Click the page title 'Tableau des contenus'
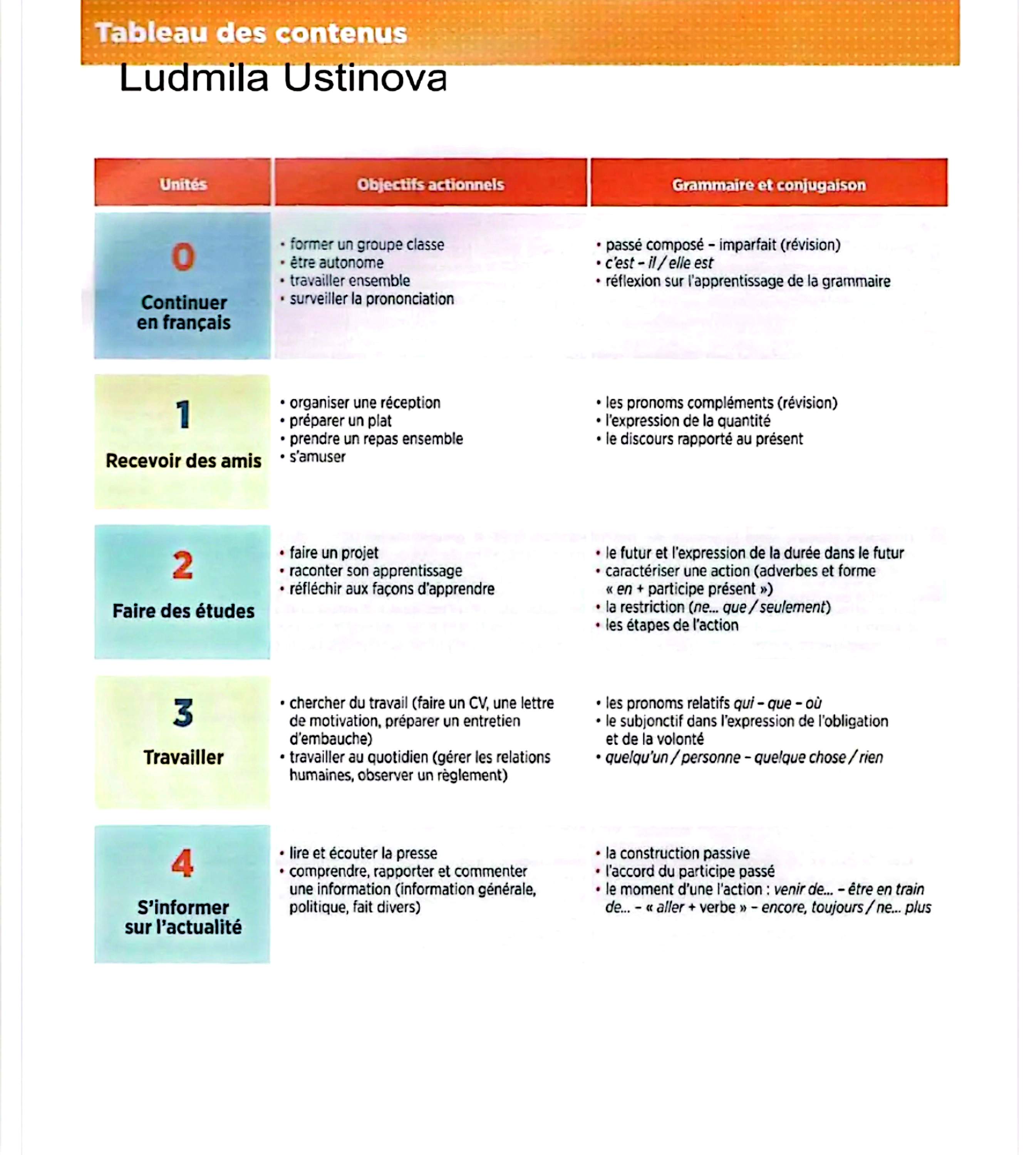click(251, 33)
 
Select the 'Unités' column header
click(183, 184)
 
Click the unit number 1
click(183, 414)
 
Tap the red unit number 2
click(183, 565)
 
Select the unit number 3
click(183, 713)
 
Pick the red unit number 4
click(183, 863)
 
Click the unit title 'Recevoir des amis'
click(183, 461)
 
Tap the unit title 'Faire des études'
click(183, 611)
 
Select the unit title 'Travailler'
click(183, 758)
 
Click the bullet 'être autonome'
click(337, 263)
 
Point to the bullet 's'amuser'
click(317, 457)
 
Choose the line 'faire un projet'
click(334, 553)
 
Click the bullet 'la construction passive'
click(677, 853)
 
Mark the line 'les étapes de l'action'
click(672, 625)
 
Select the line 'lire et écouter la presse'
click(363, 853)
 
